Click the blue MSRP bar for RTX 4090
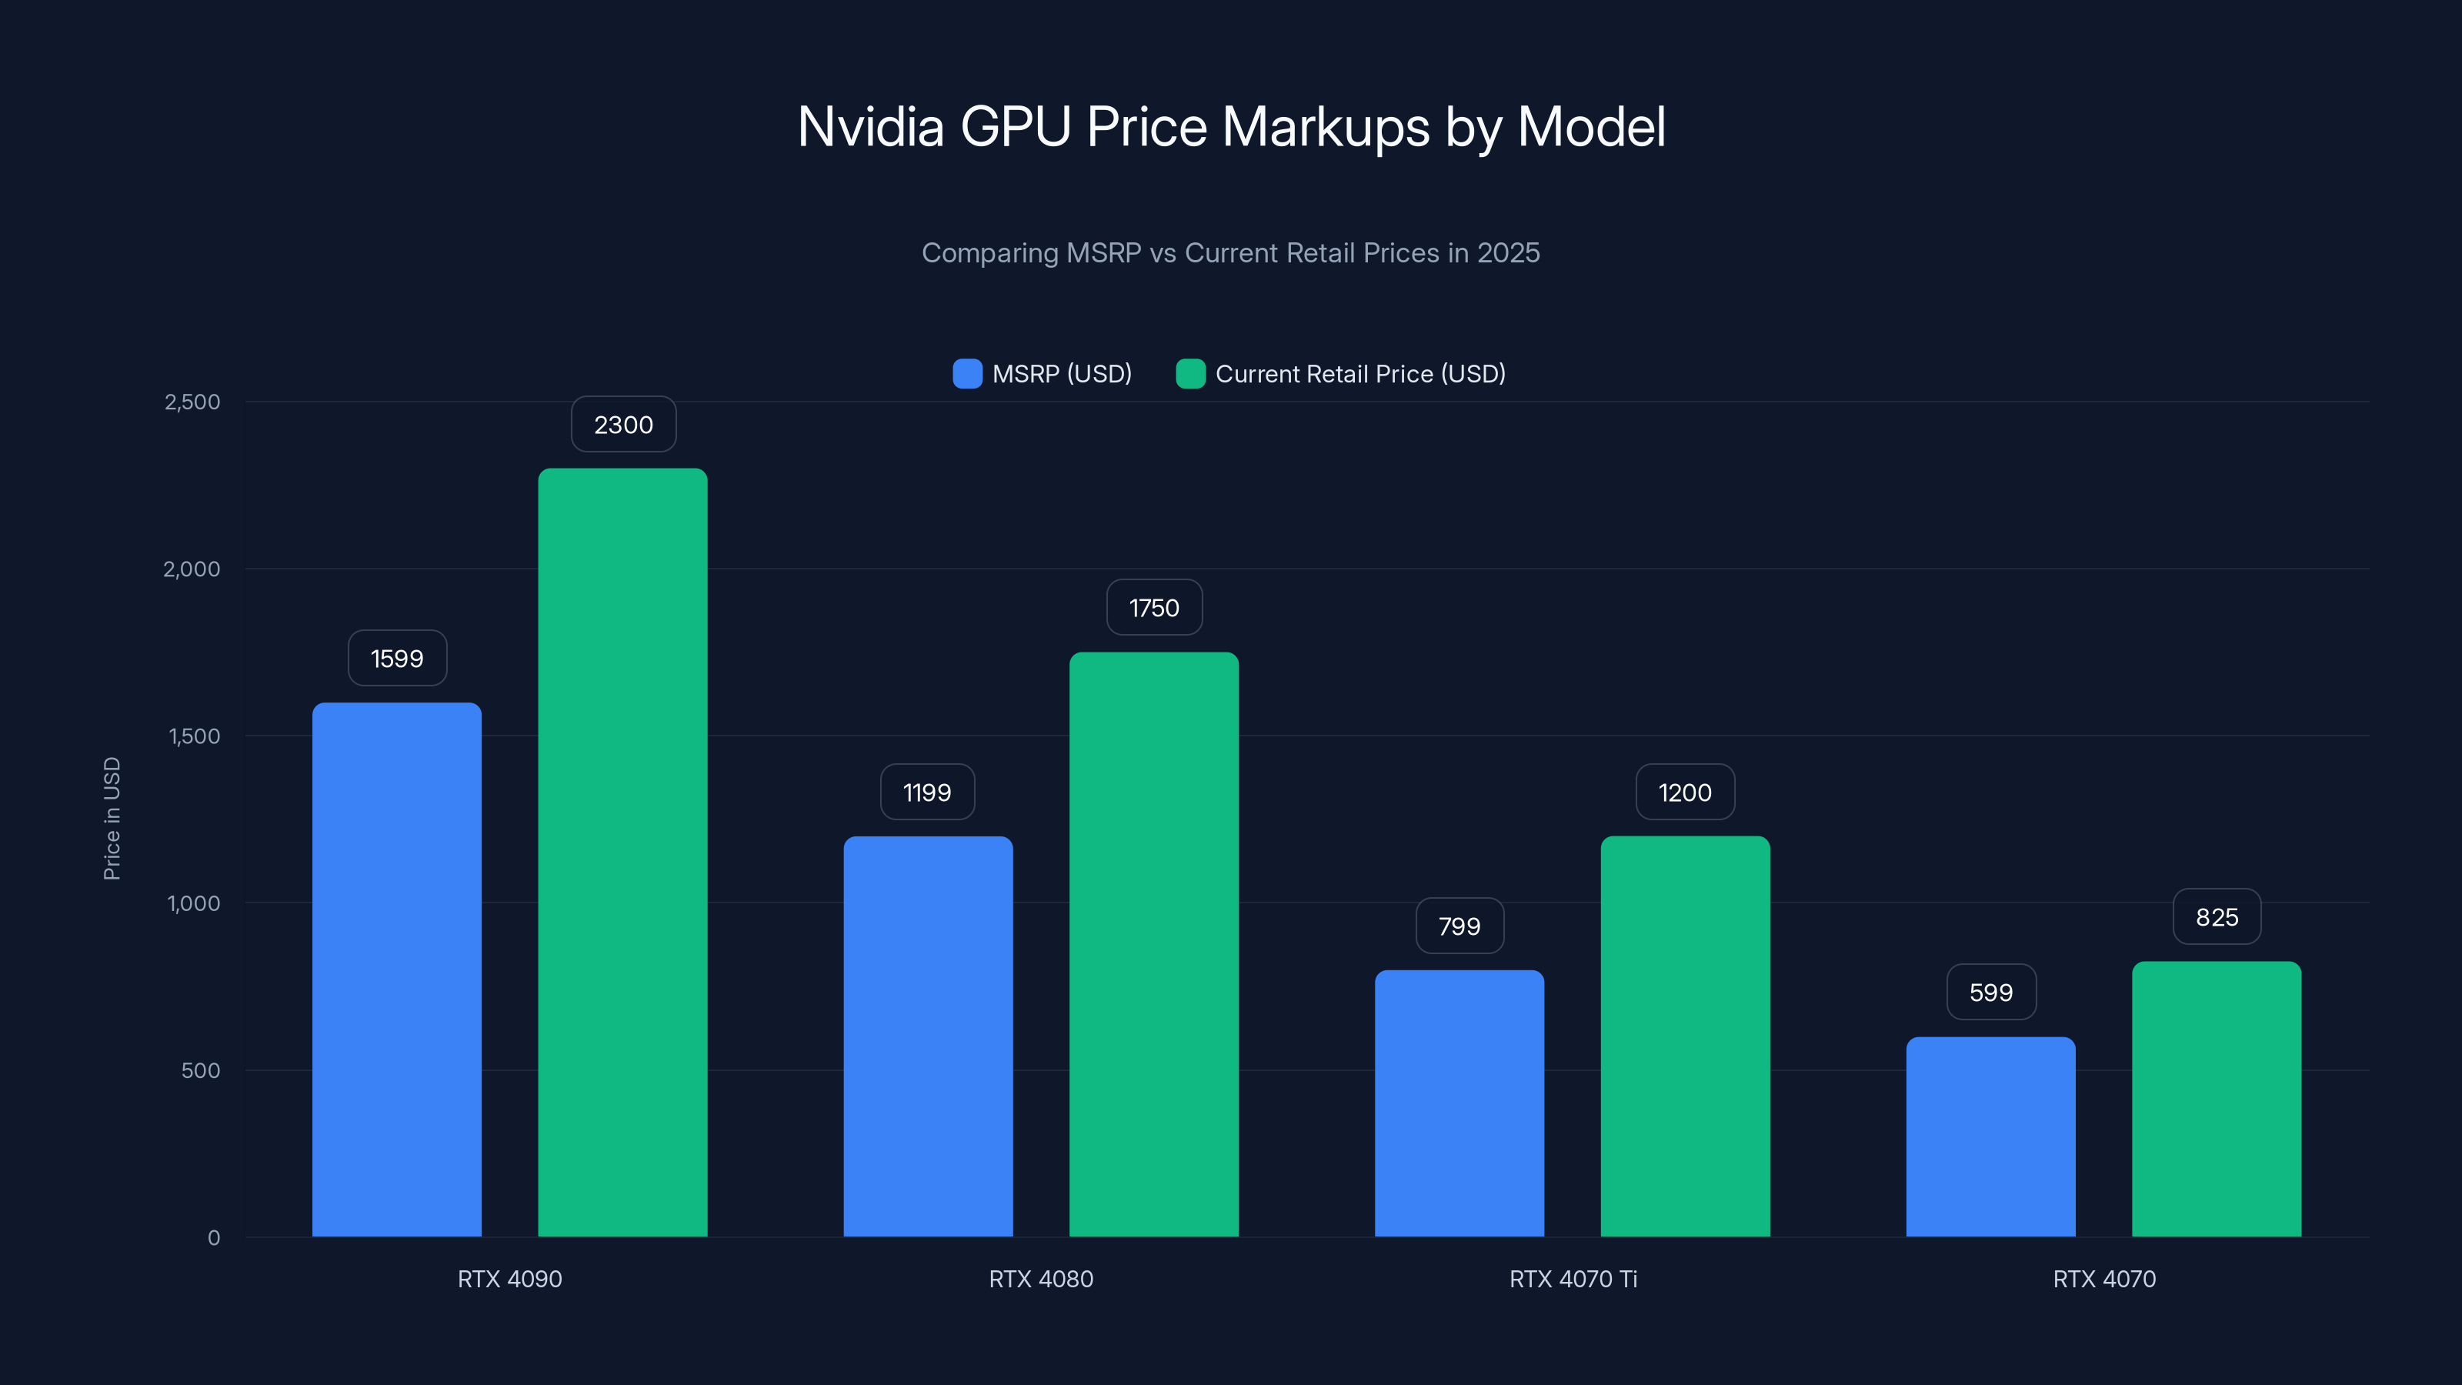coord(397,969)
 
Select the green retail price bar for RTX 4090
coord(622,852)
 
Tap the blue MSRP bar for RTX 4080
coord(928,1036)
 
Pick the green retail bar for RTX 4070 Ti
coord(1685,1036)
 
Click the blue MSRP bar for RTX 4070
coord(1991,1136)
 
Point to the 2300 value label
coord(623,425)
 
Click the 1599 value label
coord(397,659)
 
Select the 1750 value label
coord(1153,608)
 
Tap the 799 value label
coord(1460,926)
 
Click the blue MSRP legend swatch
coord(967,374)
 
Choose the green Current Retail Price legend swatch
coord(1190,374)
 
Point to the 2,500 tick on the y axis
coord(192,402)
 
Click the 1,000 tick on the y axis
coord(193,903)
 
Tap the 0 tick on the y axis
coord(214,1238)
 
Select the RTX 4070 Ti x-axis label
coord(1573,1279)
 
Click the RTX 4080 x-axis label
coord(1041,1279)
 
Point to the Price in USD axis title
coord(112,818)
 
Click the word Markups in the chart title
coord(1326,127)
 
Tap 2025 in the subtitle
coord(1508,253)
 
